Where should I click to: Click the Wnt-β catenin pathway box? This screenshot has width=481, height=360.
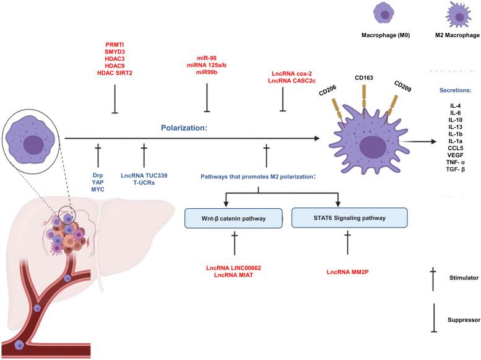(234, 219)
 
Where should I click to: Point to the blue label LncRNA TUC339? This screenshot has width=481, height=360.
(144, 175)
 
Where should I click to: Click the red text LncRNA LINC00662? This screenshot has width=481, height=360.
(234, 268)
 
